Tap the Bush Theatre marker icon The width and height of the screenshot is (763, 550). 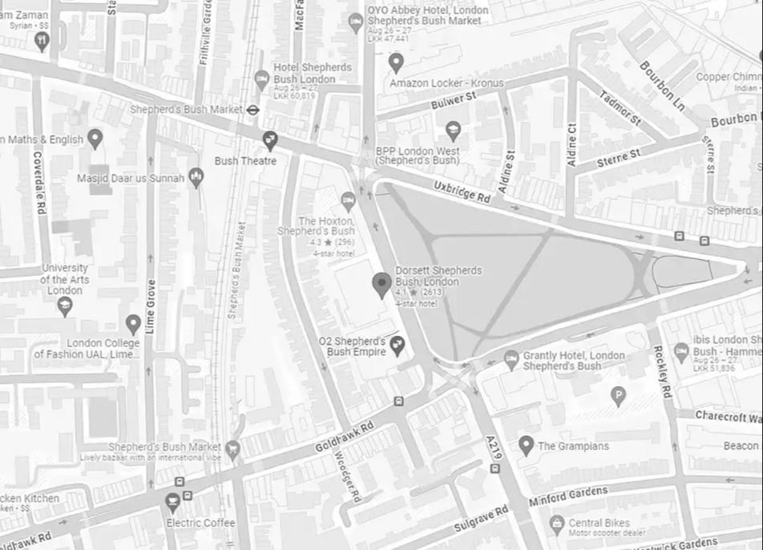point(270,140)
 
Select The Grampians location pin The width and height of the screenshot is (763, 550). point(526,444)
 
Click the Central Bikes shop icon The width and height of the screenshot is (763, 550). point(556,524)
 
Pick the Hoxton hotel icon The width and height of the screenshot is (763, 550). point(348,200)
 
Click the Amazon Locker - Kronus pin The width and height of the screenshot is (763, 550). point(395,63)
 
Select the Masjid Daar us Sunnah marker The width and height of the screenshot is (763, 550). point(196,177)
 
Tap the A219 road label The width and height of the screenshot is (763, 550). point(493,447)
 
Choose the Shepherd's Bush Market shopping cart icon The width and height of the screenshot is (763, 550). point(232,448)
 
